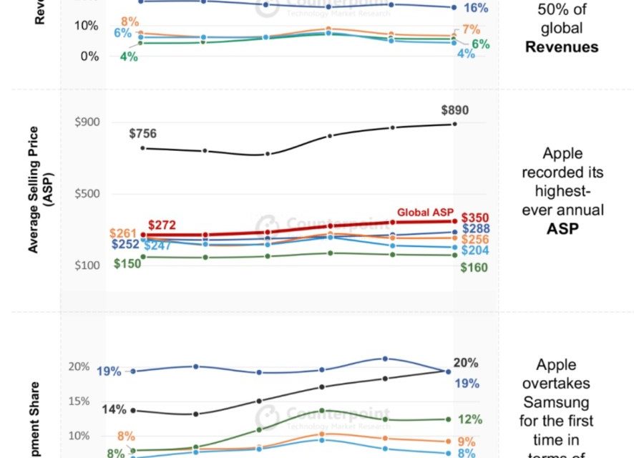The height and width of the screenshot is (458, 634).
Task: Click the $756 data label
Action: click(142, 133)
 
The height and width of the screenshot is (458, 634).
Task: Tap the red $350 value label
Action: click(475, 218)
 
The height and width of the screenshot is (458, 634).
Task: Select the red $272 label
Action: click(162, 225)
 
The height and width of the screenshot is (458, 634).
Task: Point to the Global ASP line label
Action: click(425, 213)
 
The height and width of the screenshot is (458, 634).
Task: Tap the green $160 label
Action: click(474, 268)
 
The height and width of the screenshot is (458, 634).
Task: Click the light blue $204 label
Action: click(475, 251)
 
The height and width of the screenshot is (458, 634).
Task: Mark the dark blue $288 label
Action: click(475, 229)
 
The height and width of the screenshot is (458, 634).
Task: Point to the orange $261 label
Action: click(123, 234)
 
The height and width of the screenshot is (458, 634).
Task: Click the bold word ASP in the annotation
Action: click(562, 229)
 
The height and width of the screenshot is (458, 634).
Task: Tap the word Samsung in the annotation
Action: click(562, 402)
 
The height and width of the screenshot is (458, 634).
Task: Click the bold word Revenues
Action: click(562, 47)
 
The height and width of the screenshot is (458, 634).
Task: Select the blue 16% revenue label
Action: click(475, 9)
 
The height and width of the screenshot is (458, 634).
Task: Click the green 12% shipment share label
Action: click(469, 419)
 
